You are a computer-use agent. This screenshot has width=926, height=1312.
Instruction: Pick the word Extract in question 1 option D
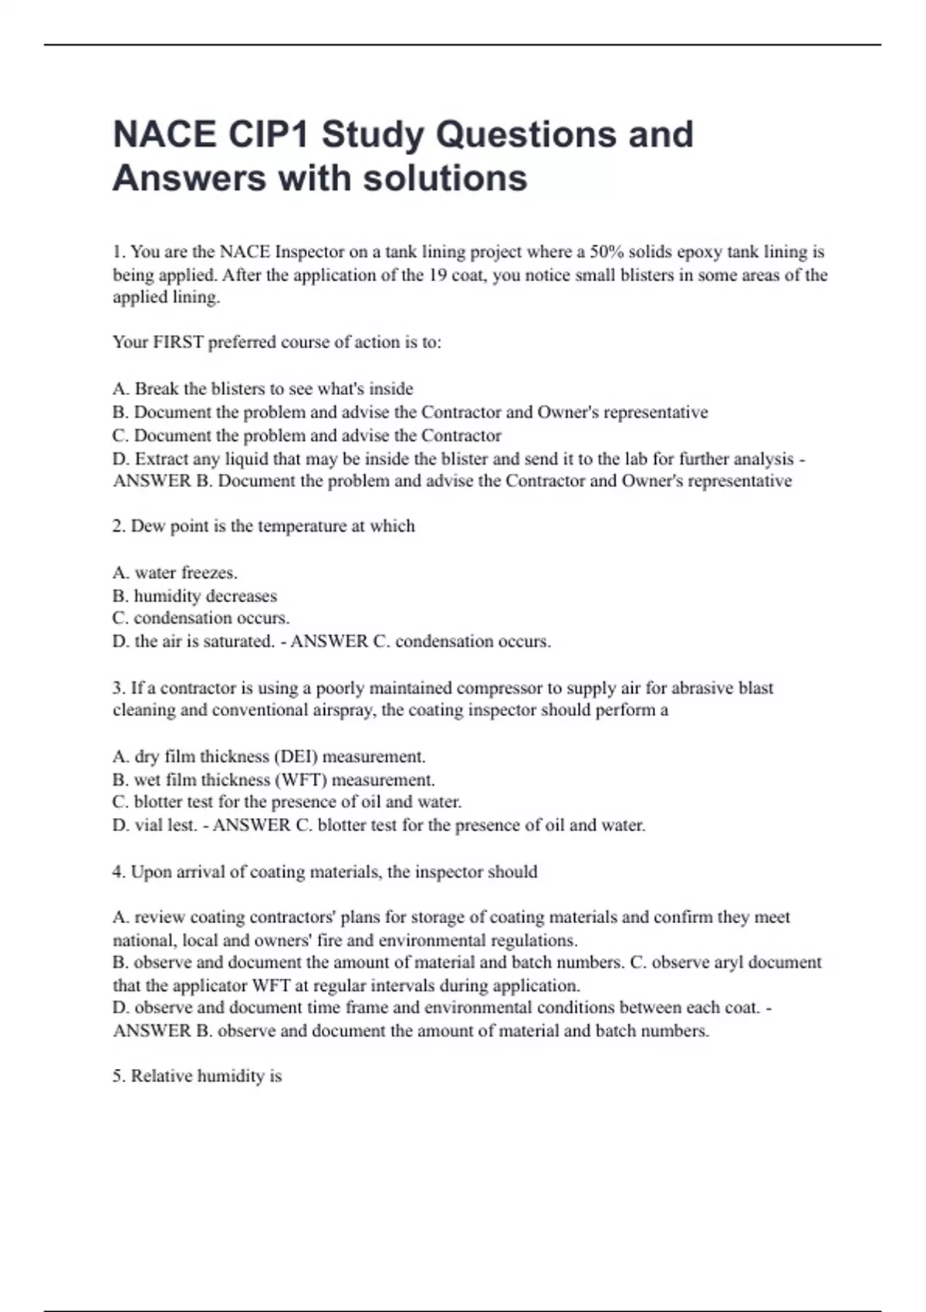[x=161, y=458]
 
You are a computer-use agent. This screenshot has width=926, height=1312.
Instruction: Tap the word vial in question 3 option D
[x=147, y=825]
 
